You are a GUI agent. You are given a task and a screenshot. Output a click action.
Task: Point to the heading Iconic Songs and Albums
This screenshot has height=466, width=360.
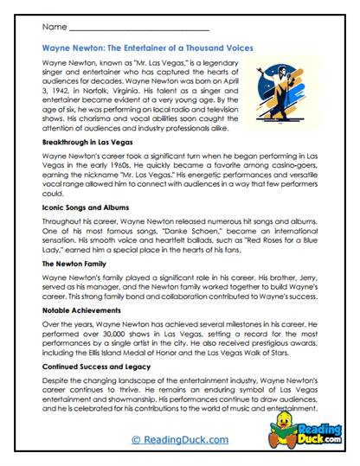pos(92,208)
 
